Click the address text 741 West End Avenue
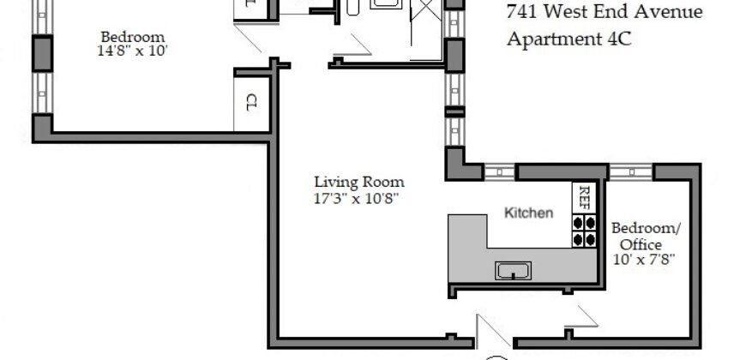coord(605,12)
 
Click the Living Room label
coord(358,182)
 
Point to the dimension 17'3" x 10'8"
coord(358,198)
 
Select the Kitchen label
coord(528,213)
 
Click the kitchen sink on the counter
coord(514,271)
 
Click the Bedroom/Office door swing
coord(580,320)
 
